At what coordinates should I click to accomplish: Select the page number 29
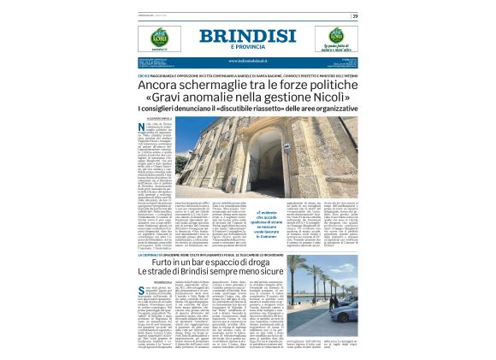[355, 16]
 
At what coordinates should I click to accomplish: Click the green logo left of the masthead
[159, 38]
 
